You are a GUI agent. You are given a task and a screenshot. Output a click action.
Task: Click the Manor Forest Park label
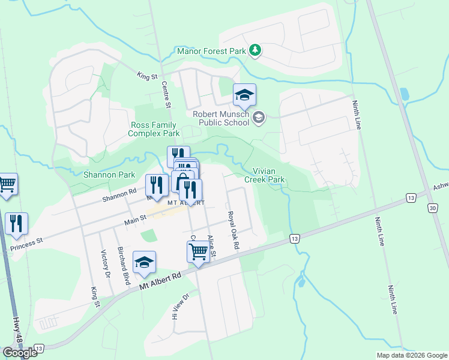pyautogui.click(x=211, y=52)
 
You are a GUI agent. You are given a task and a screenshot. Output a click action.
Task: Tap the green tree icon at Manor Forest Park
pyautogui.click(x=256, y=50)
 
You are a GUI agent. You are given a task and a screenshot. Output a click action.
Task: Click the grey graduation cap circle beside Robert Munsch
pyautogui.click(x=259, y=117)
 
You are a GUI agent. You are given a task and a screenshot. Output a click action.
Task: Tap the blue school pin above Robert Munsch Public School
pyautogui.click(x=244, y=95)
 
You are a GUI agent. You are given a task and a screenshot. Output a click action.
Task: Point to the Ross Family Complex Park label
pyautogui.click(x=154, y=129)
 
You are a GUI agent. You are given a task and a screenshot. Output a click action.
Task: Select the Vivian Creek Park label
pyautogui.click(x=264, y=175)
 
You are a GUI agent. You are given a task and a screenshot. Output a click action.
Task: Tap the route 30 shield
pyautogui.click(x=433, y=208)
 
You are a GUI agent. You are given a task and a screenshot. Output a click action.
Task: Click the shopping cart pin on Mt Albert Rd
pyautogui.click(x=197, y=253)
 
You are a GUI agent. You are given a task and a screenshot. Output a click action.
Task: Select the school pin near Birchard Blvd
pyautogui.click(x=144, y=263)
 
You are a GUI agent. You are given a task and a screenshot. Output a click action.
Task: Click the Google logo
pyautogui.click(x=20, y=352)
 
